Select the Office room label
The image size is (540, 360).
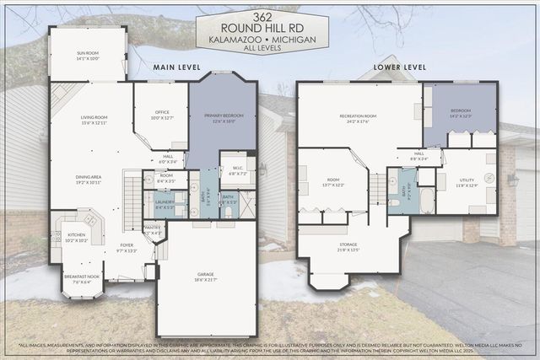coord(159,116)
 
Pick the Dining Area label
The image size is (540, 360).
coord(88,179)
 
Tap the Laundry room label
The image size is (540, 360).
coord(165,203)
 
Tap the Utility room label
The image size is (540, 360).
coord(467,182)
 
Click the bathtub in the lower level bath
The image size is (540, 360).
coord(427,200)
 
